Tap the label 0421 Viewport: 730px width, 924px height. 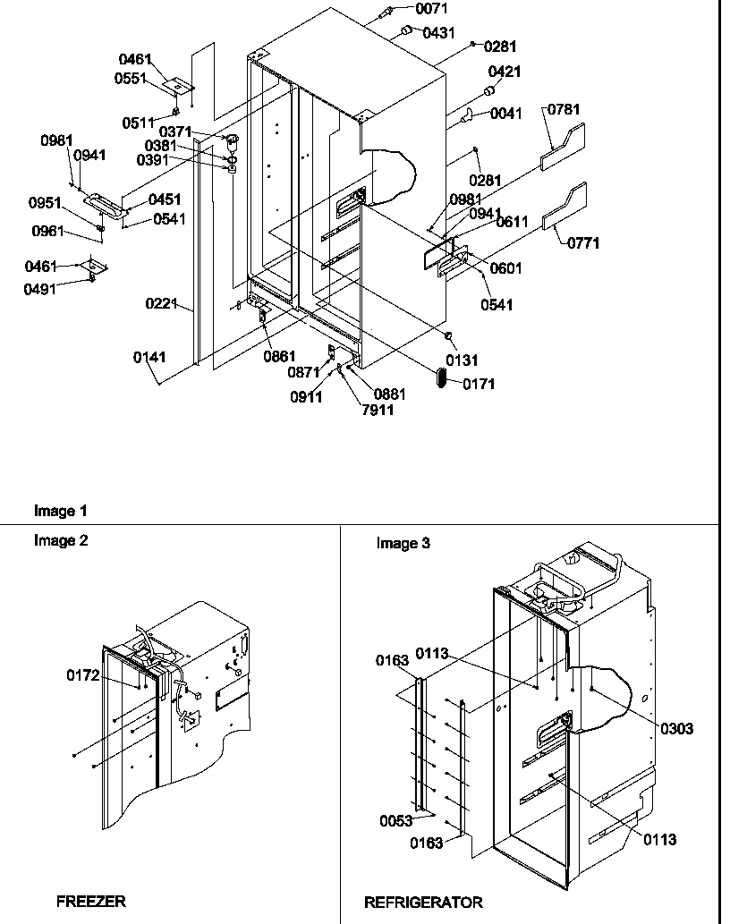pos(505,72)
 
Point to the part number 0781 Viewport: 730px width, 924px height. pos(564,110)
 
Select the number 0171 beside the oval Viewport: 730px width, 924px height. pos(479,384)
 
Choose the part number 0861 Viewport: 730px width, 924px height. pos(279,357)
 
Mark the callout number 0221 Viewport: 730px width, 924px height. pos(162,304)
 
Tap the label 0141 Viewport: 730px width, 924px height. pos(149,358)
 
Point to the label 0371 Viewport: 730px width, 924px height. pos(176,132)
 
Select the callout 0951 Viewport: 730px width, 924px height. pos(45,203)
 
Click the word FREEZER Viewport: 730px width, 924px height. pos(91,901)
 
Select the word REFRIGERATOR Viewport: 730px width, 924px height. pos(423,902)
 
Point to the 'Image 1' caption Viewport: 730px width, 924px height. pos(61,512)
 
